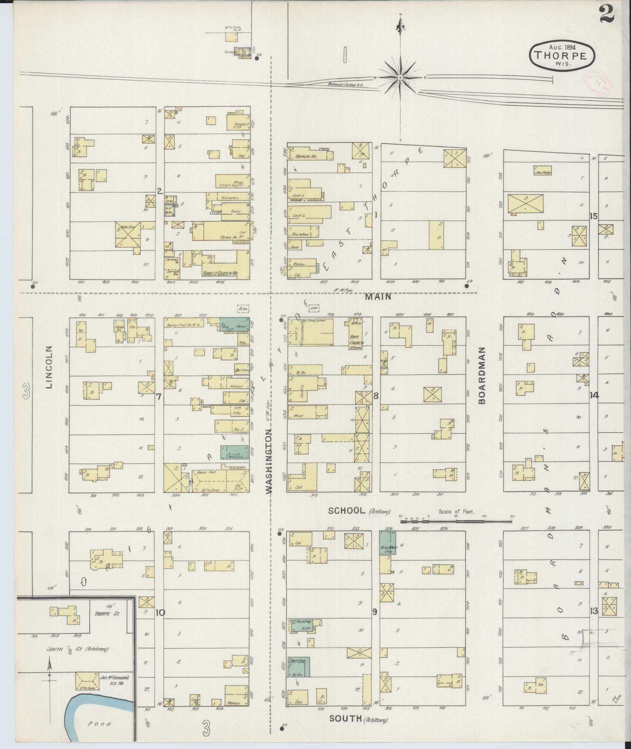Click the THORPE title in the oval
562,56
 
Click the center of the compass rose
400,78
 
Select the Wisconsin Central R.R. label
346,85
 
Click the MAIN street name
378,297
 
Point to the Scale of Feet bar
456,521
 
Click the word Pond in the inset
99,724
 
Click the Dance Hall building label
207,472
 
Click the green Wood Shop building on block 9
299,667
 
